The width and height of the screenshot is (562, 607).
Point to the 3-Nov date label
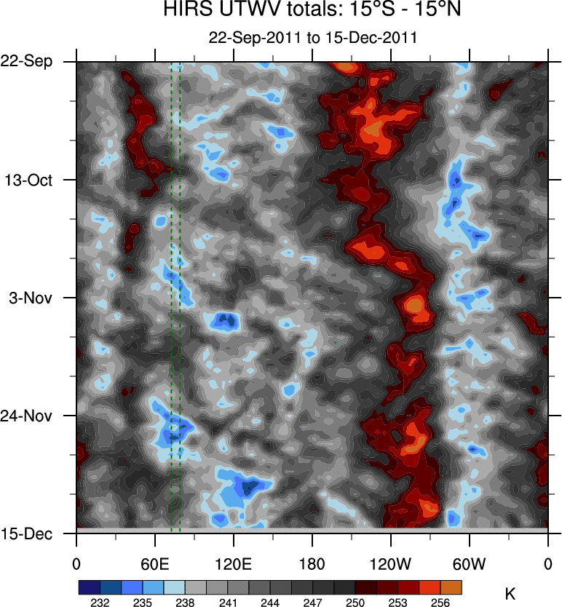point(33,298)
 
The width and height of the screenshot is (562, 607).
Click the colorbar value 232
point(100,602)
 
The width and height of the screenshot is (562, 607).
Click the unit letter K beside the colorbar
point(510,595)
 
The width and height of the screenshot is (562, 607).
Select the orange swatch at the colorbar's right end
point(451,586)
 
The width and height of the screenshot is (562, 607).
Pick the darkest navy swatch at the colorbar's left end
point(90,586)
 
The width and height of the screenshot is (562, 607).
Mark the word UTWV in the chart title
point(233,11)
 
